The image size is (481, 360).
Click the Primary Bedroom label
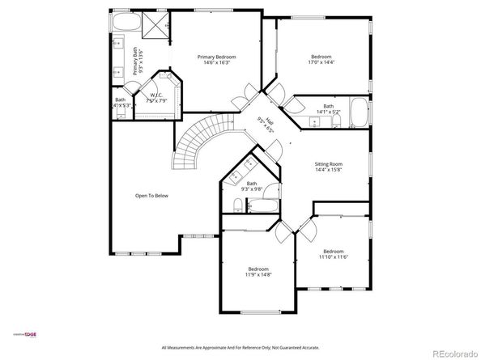click(217, 57)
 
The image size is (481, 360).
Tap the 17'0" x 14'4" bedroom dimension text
click(321, 62)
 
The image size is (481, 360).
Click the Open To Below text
click(151, 196)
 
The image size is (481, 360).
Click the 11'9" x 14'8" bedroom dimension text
click(258, 275)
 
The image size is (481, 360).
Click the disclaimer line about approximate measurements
click(240, 347)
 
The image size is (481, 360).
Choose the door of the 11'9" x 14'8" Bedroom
click(283, 233)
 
